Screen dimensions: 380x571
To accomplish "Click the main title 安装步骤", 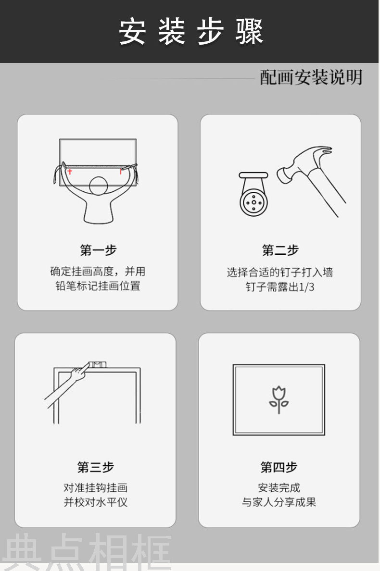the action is point(191,32).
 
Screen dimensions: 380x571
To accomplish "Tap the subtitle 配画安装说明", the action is point(311,77).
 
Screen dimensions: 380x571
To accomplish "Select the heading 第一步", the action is point(98,250).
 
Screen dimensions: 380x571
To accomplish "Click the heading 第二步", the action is point(280,250).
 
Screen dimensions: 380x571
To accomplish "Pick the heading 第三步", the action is point(95,467).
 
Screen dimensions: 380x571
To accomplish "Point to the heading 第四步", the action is point(279,467).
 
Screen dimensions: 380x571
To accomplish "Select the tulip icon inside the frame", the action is point(279,399).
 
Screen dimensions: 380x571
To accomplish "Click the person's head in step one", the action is point(98,186).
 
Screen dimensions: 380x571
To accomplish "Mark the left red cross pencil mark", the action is point(69,171).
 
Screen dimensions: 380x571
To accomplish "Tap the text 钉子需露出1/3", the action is point(280,287).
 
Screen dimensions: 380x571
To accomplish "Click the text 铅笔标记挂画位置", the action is point(98,286).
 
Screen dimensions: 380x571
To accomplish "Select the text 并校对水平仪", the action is point(95,502).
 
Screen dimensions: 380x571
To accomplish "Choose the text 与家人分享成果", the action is point(279,502).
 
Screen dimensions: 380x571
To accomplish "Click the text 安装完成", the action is point(279,487).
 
